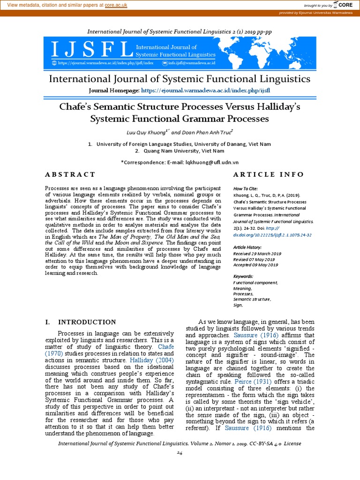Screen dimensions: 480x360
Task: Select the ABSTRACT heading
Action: (x=70, y=174)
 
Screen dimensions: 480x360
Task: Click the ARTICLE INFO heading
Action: (x=268, y=174)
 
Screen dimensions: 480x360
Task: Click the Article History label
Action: (x=247, y=247)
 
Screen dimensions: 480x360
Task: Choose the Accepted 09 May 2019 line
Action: (x=255, y=265)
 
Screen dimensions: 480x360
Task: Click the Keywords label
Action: (x=243, y=277)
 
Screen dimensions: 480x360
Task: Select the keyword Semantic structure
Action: (x=252, y=299)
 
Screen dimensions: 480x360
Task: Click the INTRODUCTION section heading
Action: (x=87, y=322)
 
